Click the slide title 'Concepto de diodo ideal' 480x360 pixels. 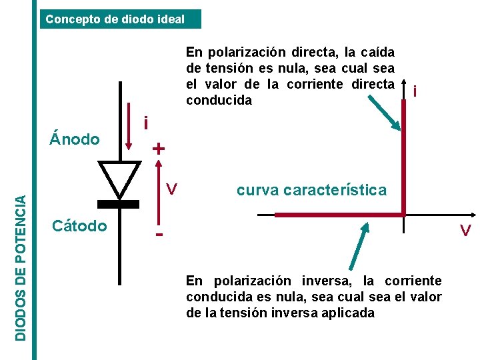pyautogui.click(x=115, y=19)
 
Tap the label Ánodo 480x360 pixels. pyautogui.click(x=75, y=139)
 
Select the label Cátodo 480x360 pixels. pyautogui.click(x=79, y=226)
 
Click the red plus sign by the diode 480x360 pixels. pyautogui.click(x=157, y=148)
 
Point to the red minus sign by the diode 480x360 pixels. pyautogui.click(x=159, y=235)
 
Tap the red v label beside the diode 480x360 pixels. pyautogui.click(x=171, y=190)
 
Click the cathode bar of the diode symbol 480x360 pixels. pyautogui.click(x=120, y=203)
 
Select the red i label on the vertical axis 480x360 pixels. pyautogui.click(x=416, y=91)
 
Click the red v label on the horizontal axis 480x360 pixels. pyautogui.click(x=466, y=231)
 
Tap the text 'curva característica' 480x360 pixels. pyautogui.click(x=311, y=190)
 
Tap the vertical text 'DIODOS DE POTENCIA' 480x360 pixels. pyautogui.click(x=22, y=266)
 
